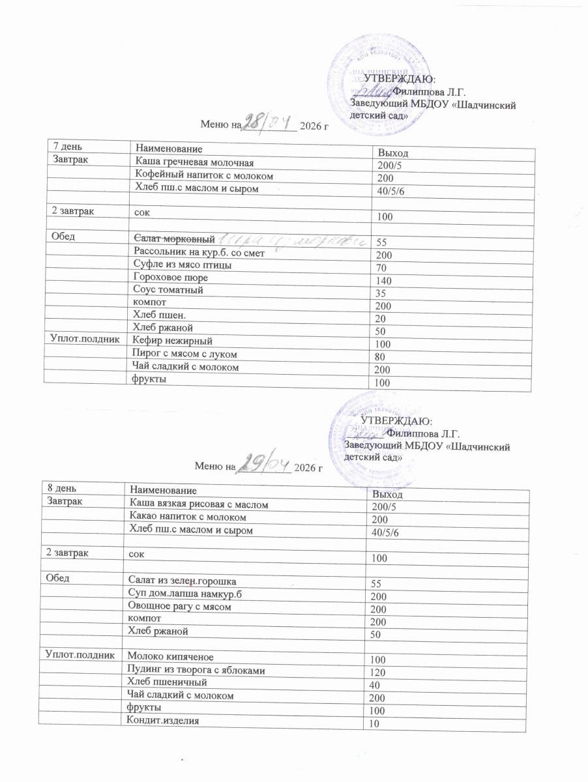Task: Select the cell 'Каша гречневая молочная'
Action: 192,162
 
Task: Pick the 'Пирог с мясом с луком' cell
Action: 184,354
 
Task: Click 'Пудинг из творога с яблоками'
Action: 196,670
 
